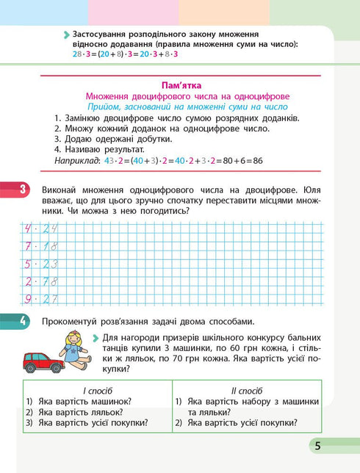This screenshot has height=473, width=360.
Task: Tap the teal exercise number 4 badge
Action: (23, 320)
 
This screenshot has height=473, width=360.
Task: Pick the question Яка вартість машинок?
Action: (89, 401)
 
